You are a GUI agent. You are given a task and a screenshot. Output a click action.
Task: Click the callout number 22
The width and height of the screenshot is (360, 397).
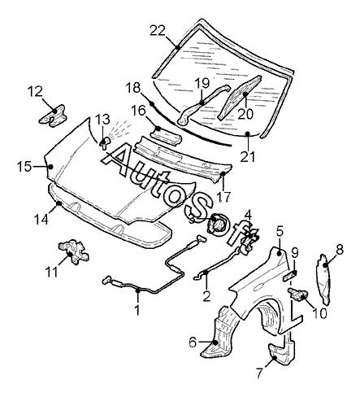click(x=158, y=31)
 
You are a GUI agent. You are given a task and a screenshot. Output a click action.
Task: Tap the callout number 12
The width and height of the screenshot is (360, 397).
click(x=35, y=92)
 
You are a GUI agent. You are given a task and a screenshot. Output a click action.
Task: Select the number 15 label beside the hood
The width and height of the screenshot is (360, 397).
click(x=24, y=166)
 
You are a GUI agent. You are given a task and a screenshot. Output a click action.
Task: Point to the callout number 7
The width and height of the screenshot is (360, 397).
click(x=259, y=373)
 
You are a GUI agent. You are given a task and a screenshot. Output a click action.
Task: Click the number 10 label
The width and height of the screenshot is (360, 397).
click(x=319, y=313)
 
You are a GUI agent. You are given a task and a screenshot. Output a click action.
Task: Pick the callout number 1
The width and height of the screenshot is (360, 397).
click(x=137, y=309)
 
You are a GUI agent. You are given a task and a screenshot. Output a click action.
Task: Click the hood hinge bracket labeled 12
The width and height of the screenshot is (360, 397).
click(x=53, y=116)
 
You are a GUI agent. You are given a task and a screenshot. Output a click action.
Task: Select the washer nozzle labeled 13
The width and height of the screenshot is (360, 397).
click(x=105, y=143)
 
